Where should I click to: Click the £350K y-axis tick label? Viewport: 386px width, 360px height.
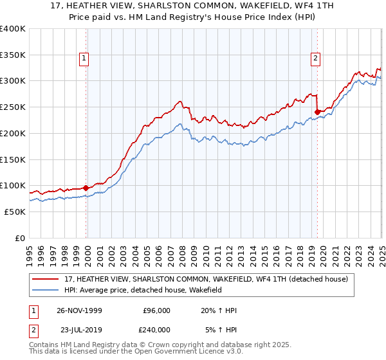(13, 55)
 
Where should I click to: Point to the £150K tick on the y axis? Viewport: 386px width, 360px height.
(13, 159)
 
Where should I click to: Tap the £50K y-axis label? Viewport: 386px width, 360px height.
(15, 212)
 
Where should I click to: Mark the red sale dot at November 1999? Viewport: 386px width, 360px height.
(86, 188)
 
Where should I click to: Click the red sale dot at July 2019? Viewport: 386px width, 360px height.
(317, 112)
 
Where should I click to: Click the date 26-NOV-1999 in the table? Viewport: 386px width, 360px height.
(79, 311)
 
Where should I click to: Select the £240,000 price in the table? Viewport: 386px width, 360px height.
(157, 329)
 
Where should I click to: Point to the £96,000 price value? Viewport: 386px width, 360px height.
(157, 311)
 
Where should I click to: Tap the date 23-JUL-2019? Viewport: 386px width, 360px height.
(79, 329)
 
